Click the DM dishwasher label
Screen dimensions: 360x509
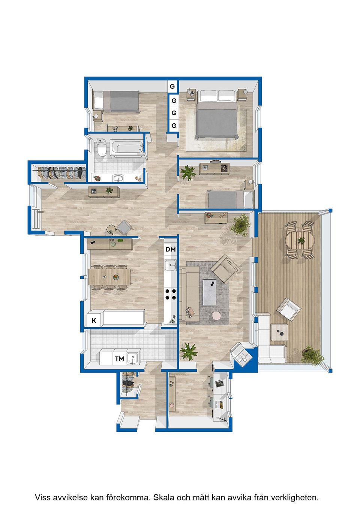click(171, 250)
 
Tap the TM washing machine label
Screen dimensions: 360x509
click(120, 359)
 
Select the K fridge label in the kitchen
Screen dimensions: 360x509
click(94, 320)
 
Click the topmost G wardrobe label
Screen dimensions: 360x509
click(172, 87)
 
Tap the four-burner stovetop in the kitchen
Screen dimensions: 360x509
click(171, 294)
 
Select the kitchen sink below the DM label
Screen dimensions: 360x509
click(171, 265)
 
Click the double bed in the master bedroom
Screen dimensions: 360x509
click(217, 115)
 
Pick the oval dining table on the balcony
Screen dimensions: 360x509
click(300, 240)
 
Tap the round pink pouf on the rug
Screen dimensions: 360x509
click(217, 316)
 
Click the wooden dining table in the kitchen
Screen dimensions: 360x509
click(109, 277)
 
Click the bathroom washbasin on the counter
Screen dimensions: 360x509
click(118, 178)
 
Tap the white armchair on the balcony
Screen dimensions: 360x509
click(289, 309)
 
